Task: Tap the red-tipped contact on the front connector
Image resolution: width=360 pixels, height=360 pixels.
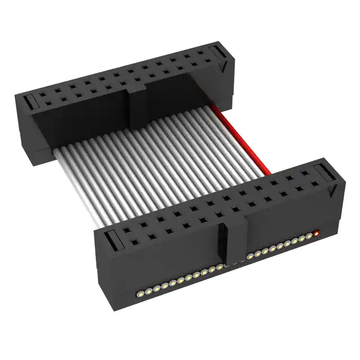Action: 316,232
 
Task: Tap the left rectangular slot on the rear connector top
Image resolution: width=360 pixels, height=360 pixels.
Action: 29,103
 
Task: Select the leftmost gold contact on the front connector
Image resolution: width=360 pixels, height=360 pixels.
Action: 138,293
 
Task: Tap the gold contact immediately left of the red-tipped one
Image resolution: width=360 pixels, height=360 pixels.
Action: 309,236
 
